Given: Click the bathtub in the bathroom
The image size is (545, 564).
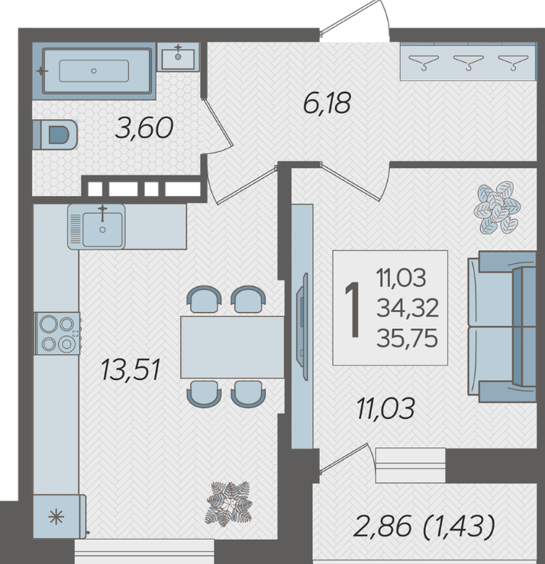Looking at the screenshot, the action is point(94,71).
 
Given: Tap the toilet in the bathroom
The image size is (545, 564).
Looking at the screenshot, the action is point(55,134).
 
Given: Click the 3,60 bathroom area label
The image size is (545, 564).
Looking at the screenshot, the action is point(144,128).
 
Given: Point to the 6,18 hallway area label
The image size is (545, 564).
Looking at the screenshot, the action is point(327,103).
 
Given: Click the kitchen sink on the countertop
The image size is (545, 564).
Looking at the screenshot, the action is point(96,227).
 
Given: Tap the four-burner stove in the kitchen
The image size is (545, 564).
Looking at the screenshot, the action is point(57,334).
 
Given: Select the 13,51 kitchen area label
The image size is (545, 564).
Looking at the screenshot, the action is point(131,369).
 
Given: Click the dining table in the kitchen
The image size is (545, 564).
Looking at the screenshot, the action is point(232,347).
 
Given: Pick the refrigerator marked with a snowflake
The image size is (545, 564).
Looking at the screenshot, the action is point(60,517).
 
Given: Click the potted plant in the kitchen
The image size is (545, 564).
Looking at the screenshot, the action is point(229,503).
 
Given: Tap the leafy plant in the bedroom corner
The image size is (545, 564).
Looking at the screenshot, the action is point(497,207).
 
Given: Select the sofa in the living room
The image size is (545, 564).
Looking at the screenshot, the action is point(502,327).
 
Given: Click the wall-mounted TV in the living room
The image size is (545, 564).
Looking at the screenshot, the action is point(302,326).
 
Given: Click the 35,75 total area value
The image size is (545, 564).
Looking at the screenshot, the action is point(407,338).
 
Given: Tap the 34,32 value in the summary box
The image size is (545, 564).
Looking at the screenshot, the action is point(408,308).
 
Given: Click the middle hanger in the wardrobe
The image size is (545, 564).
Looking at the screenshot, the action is point(468,62).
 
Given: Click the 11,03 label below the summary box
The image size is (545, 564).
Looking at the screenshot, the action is point(385,408).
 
